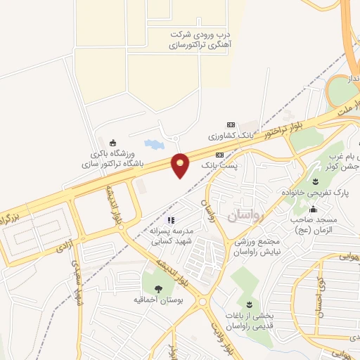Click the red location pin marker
[x=181, y=165]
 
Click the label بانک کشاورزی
[x=229, y=134]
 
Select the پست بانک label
[x=219, y=164]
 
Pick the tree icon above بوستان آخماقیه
[x=157, y=288]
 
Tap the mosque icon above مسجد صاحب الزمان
[x=313, y=210]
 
